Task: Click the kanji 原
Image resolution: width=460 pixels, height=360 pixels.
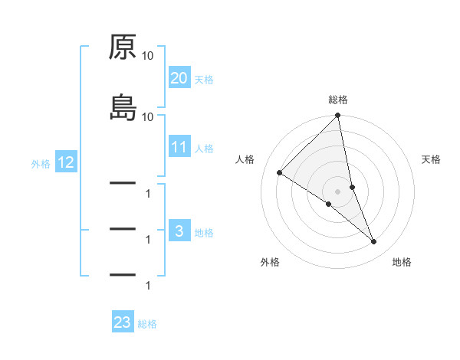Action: (x=123, y=47)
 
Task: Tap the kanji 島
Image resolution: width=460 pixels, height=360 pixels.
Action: (x=123, y=107)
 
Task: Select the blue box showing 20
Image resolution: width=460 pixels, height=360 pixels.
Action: (x=179, y=78)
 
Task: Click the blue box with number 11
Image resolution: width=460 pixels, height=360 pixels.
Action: (x=179, y=147)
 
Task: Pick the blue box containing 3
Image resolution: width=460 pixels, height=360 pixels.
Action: (x=179, y=231)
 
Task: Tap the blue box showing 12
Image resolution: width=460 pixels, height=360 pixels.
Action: (x=65, y=162)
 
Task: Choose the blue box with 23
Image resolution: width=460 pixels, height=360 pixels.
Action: (x=123, y=322)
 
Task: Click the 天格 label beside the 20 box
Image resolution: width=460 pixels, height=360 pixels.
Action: (x=204, y=79)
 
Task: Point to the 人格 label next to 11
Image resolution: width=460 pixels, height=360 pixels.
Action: (x=204, y=148)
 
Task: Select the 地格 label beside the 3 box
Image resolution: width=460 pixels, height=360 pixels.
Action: (x=204, y=232)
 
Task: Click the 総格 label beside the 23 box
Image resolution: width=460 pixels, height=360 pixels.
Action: (x=147, y=323)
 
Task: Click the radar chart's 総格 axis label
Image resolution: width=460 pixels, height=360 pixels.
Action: (x=338, y=100)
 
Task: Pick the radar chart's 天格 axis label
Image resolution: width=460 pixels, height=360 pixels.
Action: (x=431, y=159)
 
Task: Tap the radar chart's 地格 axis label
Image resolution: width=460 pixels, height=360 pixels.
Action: (x=402, y=262)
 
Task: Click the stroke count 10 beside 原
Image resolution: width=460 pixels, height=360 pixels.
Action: (x=148, y=56)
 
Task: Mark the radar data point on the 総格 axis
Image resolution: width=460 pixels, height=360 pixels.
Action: (x=338, y=116)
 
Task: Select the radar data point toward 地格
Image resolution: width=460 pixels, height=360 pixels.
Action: (x=374, y=242)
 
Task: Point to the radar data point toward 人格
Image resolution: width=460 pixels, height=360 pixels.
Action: (x=280, y=173)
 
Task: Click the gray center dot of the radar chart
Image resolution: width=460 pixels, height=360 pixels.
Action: (x=338, y=191)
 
